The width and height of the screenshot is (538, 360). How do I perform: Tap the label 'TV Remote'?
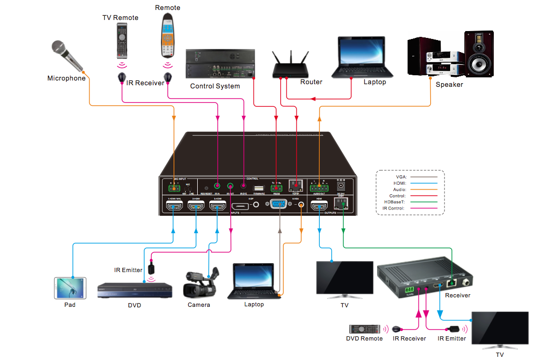tap(120, 17)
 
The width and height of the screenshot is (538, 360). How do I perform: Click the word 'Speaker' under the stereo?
tap(449, 84)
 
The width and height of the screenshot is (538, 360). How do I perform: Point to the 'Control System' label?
tap(215, 86)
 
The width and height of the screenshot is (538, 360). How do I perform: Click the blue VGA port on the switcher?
tap(279, 205)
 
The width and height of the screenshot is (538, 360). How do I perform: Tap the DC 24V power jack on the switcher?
tap(340, 185)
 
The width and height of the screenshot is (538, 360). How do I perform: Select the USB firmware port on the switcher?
tap(258, 187)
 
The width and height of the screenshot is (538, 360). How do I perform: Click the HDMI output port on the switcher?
tap(319, 207)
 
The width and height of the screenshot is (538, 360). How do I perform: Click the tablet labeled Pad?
tap(70, 288)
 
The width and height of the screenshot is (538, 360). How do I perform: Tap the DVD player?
tap(135, 291)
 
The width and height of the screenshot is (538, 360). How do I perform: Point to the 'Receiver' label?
tap(457, 295)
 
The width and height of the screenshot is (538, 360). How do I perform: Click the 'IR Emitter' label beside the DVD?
tap(128, 270)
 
